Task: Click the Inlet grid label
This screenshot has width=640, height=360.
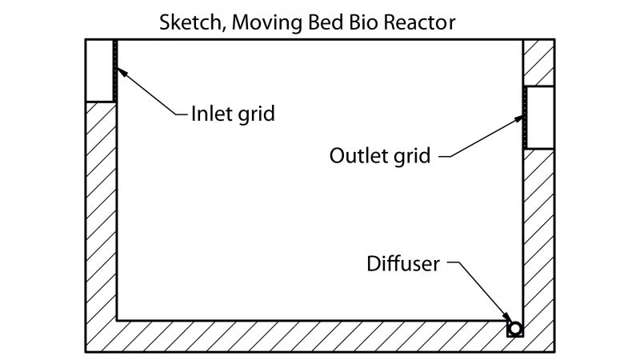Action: coord(233,114)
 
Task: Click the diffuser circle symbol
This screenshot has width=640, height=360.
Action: coord(514,328)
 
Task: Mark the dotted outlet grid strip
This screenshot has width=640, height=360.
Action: coord(524,118)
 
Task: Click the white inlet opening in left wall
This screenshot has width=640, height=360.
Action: coord(100,70)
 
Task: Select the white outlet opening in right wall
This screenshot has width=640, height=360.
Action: coord(539,118)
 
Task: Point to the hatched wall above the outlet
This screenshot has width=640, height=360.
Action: coord(539,62)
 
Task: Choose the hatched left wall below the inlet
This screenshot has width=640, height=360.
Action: coord(101,216)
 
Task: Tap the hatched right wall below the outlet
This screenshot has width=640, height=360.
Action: coord(539,232)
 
